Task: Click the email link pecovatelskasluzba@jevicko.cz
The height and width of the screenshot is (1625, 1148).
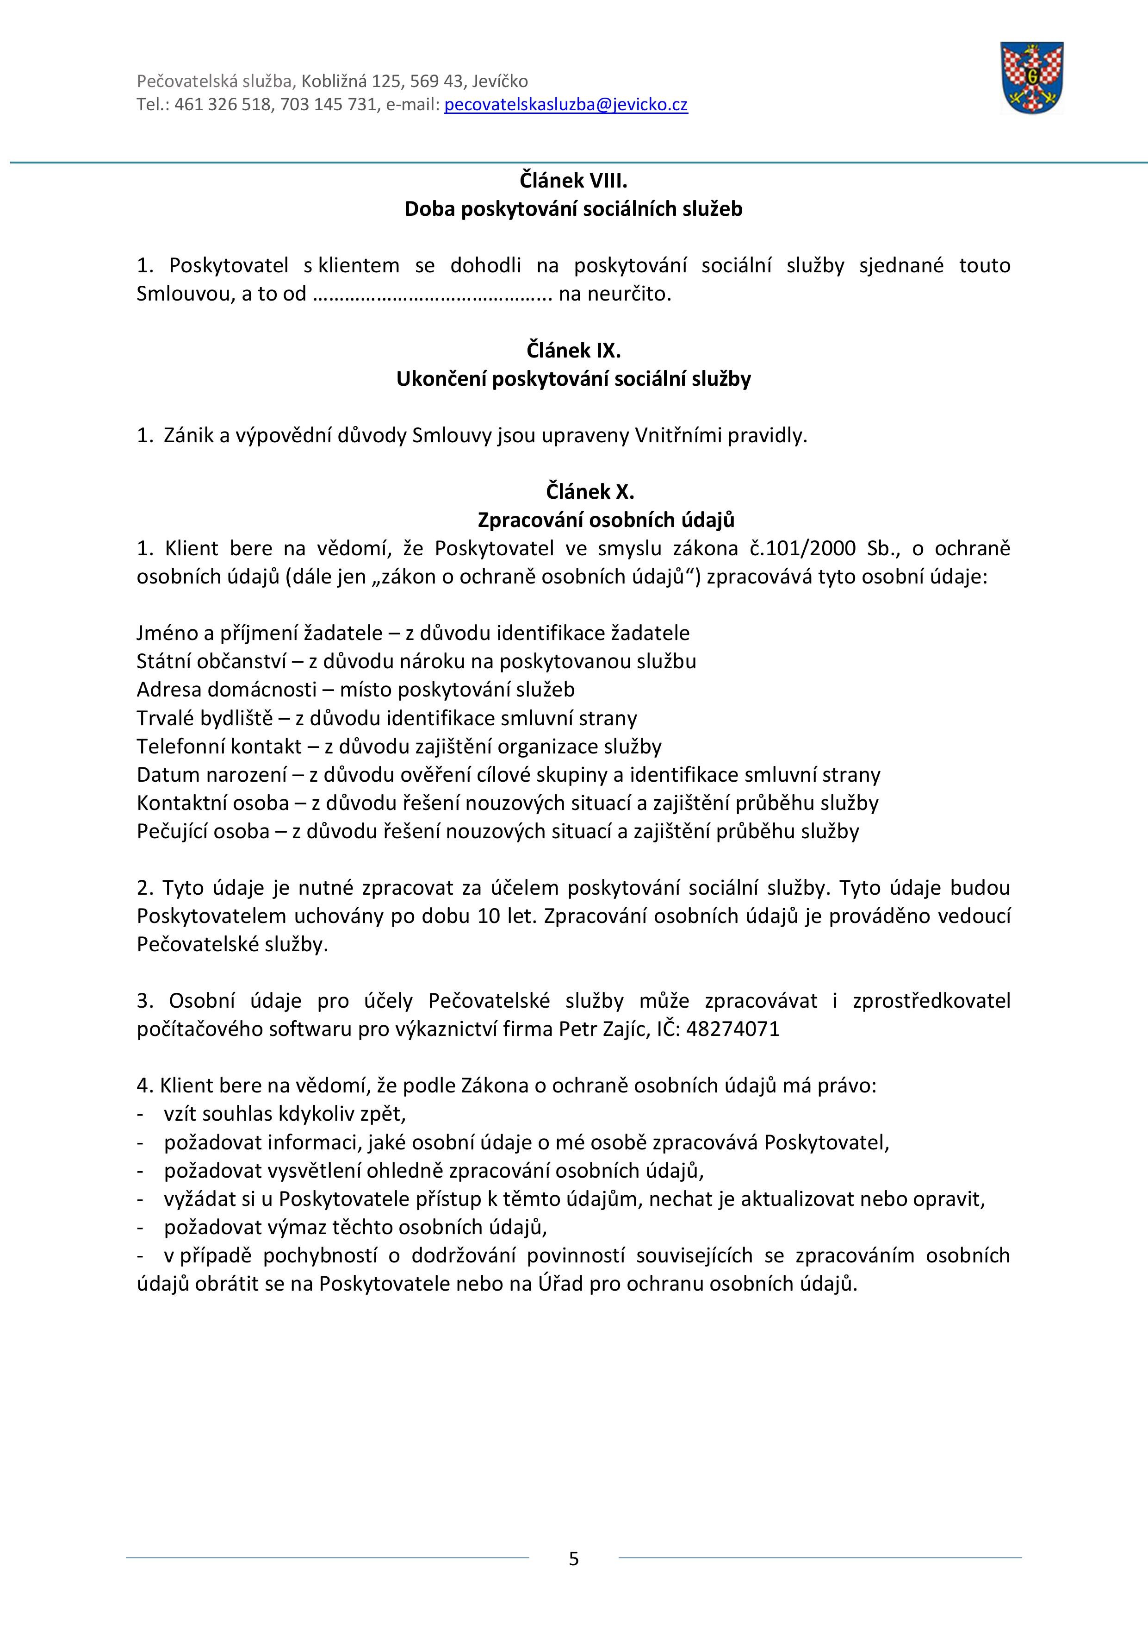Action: pyautogui.click(x=566, y=105)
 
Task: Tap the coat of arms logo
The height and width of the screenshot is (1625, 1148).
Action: pyautogui.click(x=1031, y=77)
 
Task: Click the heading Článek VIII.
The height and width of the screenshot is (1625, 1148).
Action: pyautogui.click(x=574, y=181)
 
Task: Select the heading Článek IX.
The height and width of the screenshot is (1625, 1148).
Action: pyautogui.click(x=574, y=351)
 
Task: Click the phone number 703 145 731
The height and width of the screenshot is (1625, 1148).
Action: pyautogui.click(x=328, y=105)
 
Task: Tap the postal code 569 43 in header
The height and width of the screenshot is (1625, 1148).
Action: pyautogui.click(x=436, y=82)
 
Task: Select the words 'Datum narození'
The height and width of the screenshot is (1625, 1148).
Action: pyautogui.click(x=210, y=774)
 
